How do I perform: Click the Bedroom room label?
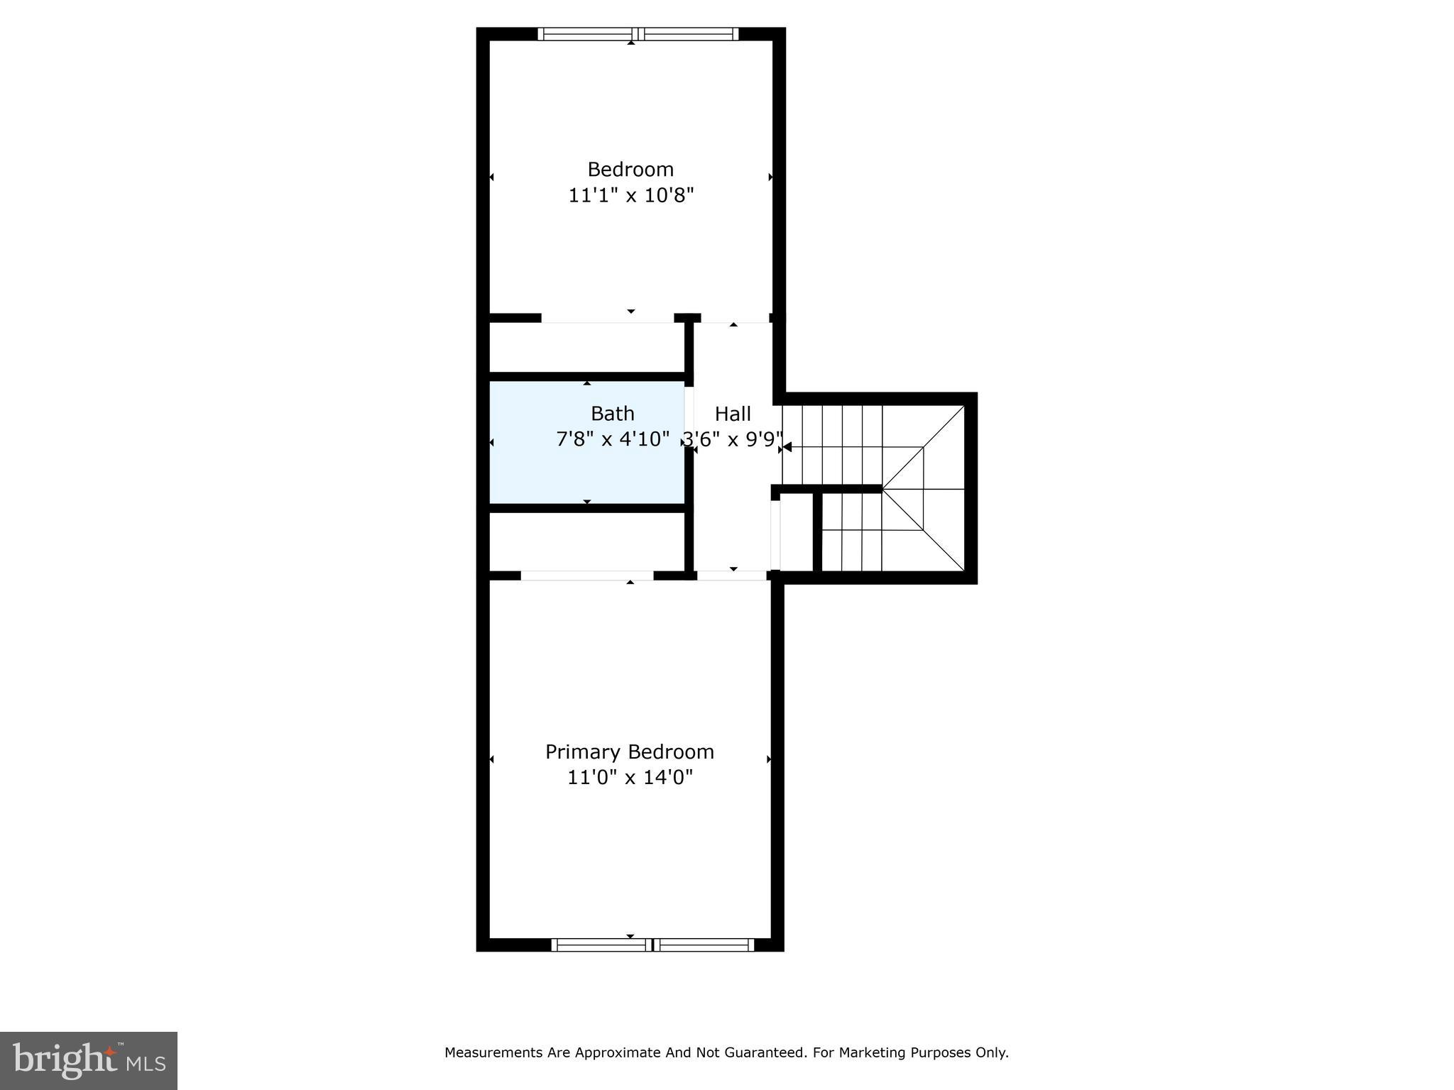[630, 170]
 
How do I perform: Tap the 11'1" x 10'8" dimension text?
[630, 195]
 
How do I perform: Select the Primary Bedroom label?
[629, 752]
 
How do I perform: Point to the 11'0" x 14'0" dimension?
[629, 778]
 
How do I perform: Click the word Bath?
[612, 414]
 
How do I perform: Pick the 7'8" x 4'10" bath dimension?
[612, 439]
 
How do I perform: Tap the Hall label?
[733, 414]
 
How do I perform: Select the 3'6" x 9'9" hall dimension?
[733, 440]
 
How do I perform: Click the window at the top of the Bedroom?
[638, 33]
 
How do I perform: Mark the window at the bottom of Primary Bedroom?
[652, 945]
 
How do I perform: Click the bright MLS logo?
[89, 1060]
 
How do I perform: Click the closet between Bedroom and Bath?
[586, 348]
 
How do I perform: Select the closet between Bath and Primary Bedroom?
[586, 541]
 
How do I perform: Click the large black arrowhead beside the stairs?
[787, 447]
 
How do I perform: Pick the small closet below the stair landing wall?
[797, 532]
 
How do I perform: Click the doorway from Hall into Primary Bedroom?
[732, 576]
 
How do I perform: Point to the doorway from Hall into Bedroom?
[735, 319]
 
